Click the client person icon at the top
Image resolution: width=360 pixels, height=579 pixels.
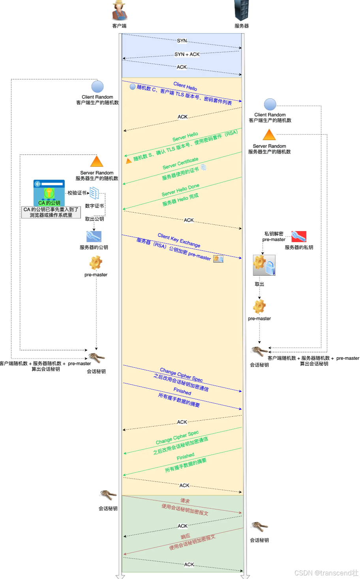pos(119,10)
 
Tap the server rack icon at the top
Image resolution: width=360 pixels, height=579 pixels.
pos(242,10)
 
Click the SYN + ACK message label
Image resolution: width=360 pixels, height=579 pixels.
pos(187,54)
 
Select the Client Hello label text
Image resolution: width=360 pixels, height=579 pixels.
pos(185,86)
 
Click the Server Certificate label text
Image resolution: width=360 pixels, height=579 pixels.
pos(180,164)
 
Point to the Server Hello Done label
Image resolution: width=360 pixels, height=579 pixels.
pos(180,190)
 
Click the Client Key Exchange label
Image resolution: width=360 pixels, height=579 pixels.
pos(179,240)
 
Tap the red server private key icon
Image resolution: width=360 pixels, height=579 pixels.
pos(299,237)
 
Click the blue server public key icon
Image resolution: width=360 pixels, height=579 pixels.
pos(94,237)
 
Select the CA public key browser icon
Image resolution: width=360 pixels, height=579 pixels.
pos(49,193)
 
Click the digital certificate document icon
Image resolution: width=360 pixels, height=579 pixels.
pos(94,193)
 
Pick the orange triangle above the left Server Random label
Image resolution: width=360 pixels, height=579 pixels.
pos(97,161)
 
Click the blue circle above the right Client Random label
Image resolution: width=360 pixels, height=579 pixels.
pos(270,105)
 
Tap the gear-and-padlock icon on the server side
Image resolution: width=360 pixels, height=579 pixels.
pos(264,265)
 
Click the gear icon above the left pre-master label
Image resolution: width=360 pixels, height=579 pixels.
pos(96,263)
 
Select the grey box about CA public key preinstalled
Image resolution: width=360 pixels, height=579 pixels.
pos(51,212)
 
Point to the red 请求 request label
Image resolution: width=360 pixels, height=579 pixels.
pos(185,501)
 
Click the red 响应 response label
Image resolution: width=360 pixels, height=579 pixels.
pos(185,536)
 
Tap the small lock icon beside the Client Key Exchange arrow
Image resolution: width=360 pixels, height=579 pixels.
pos(218,259)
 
